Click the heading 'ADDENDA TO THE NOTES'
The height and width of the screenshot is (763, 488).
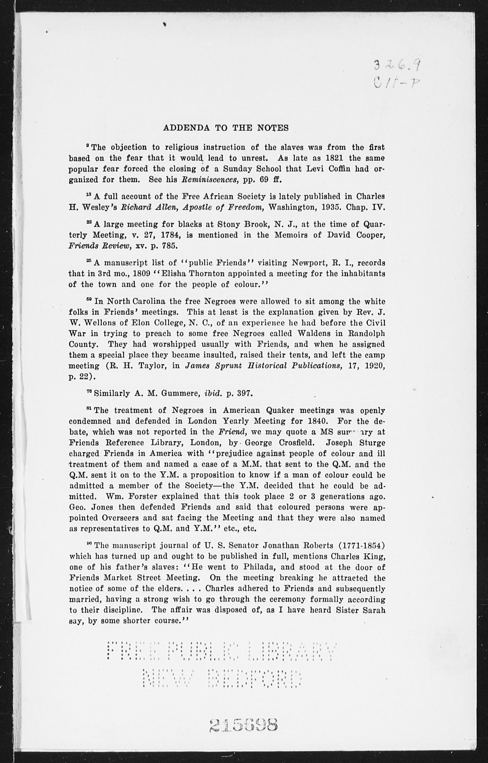tap(226, 128)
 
